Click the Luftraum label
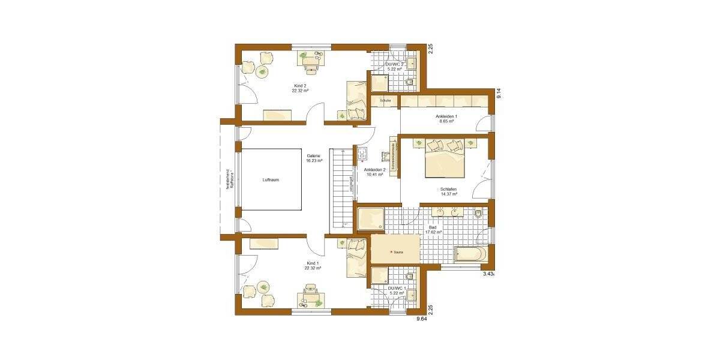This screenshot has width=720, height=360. pos(271,179)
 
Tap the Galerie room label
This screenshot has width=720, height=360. pos(314,158)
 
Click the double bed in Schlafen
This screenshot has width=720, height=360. pos(445,160)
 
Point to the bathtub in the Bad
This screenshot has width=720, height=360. pos(469,254)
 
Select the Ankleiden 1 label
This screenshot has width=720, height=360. pos(446,119)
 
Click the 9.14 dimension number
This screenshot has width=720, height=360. pos(497,94)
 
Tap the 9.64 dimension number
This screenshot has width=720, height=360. pos(422,319)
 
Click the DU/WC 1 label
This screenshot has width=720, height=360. pos(397,291)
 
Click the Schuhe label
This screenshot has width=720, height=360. pos(385,101)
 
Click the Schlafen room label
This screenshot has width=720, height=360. pos(449,192)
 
